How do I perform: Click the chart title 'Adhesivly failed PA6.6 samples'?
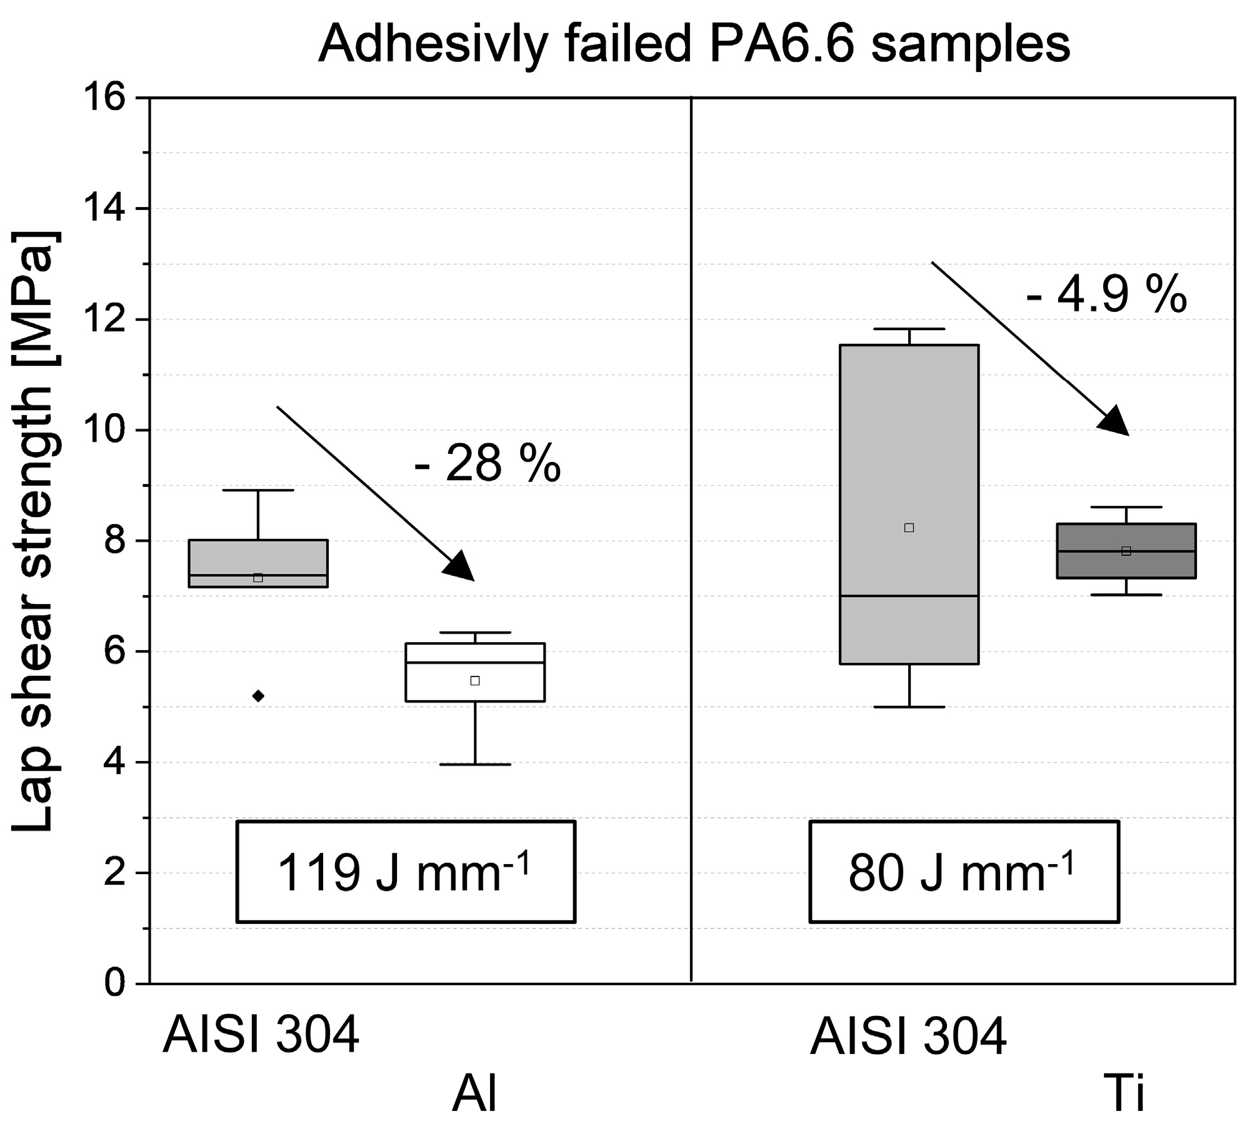pyautogui.click(x=694, y=45)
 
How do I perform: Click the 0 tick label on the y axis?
pyautogui.click(x=116, y=983)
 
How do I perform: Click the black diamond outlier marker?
pyautogui.click(x=258, y=696)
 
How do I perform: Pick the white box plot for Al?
pyautogui.click(x=475, y=672)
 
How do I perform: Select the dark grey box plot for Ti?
pyautogui.click(x=1126, y=551)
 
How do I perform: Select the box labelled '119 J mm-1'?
pyautogui.click(x=406, y=872)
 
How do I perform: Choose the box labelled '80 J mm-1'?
pyautogui.click(x=963, y=872)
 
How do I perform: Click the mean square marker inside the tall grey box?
pyautogui.click(x=909, y=528)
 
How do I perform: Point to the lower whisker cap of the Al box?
pyautogui.click(x=475, y=765)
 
